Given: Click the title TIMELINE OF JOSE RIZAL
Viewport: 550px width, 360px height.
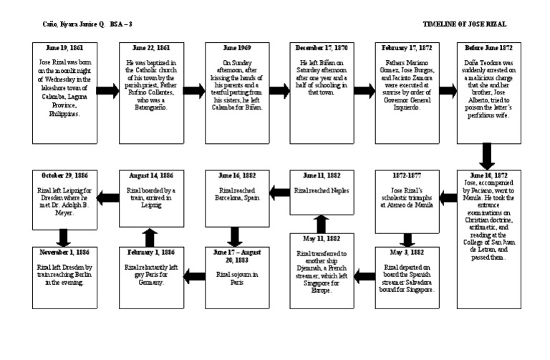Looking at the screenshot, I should (x=464, y=24).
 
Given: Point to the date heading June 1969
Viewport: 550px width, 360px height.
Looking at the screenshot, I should (x=233, y=47).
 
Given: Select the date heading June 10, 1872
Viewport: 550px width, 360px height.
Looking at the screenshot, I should (x=488, y=175).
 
